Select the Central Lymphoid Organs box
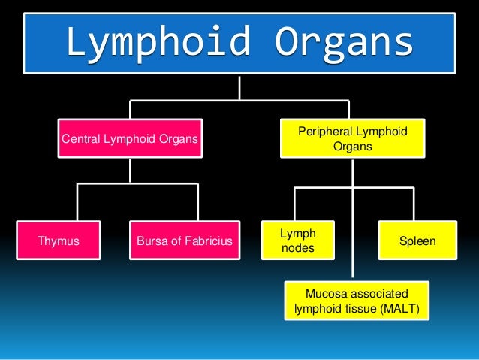(130, 138)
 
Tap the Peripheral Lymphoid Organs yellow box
(352, 138)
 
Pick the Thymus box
(59, 241)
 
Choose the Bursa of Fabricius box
(185, 241)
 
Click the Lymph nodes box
(298, 241)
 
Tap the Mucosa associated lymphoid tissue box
(357, 301)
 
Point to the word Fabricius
(207, 241)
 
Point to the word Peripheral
(327, 132)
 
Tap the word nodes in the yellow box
(294, 248)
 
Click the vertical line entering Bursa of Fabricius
(197, 203)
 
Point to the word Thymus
(58, 241)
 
